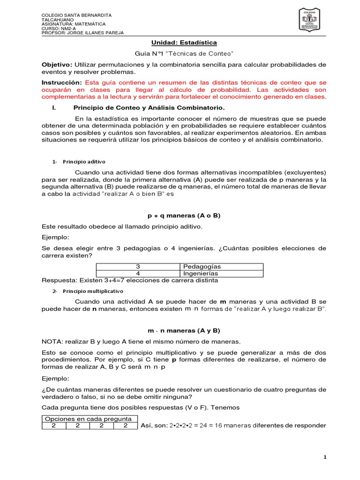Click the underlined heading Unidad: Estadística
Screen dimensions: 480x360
point(180,43)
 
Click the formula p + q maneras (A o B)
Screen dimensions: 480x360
point(180,216)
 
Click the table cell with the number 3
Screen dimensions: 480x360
point(138,266)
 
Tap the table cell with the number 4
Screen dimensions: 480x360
point(138,273)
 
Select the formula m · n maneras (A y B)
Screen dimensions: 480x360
point(180,330)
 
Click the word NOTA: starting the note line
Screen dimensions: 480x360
point(52,341)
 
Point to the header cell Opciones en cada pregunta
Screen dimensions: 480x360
point(90,419)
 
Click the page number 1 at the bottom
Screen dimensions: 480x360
point(324,457)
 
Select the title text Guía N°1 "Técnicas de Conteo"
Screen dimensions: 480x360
point(180,53)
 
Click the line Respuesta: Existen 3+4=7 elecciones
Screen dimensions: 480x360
point(130,280)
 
